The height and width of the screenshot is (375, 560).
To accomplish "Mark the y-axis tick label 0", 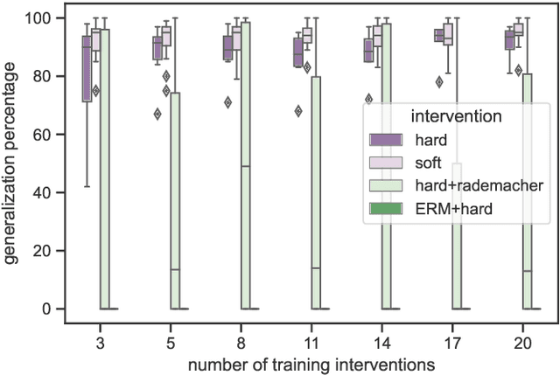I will coord(50,309).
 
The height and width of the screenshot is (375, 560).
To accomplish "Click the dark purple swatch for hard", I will coord(388,139).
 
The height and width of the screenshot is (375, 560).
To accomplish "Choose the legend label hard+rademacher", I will coord(470,184).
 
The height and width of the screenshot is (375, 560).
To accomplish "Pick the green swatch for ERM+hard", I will coord(388,207).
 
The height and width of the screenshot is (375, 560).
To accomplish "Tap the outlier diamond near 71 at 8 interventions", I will coord(227,102).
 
